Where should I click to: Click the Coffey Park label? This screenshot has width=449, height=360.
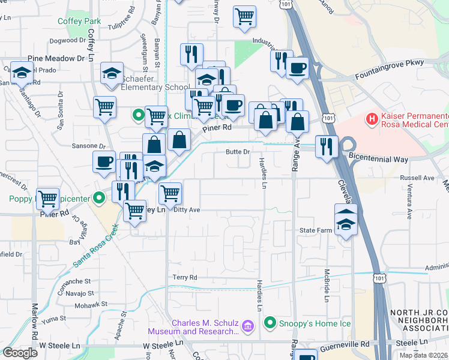[x=79, y=21]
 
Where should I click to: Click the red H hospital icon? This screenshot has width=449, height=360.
[x=372, y=118]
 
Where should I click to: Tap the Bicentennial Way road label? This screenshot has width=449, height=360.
[x=386, y=160]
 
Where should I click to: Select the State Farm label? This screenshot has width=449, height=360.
[x=316, y=230]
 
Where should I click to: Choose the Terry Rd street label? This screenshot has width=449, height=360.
[x=185, y=278]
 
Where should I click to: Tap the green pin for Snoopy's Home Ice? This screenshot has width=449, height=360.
[x=270, y=322]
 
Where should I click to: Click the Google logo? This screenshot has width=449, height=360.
[x=19, y=353]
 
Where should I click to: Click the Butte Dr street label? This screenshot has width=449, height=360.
[x=237, y=152]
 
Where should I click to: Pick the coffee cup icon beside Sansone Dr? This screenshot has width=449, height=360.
[x=104, y=161]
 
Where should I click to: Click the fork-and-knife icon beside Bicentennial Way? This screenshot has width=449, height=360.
[x=327, y=147]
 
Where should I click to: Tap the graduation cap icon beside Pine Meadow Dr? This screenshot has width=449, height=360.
[x=22, y=73]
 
